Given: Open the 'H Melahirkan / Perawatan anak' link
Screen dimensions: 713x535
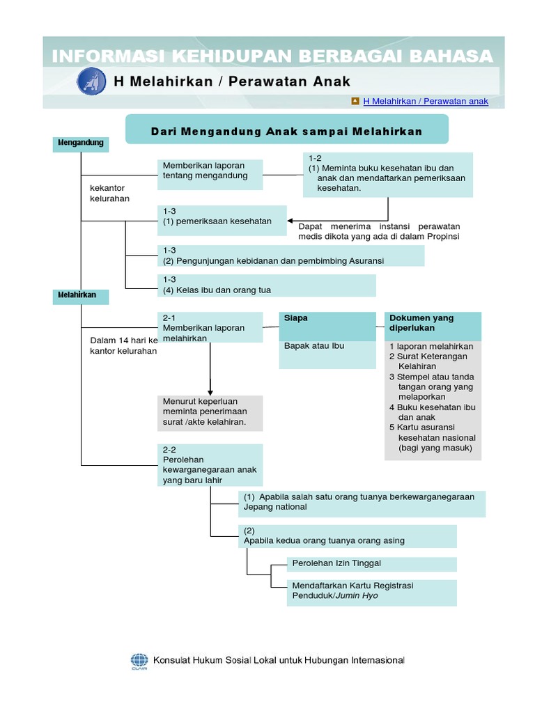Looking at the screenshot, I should pos(426,102).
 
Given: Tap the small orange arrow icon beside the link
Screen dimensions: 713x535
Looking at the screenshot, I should pos(355,101).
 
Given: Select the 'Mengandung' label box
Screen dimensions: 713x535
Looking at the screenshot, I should pos(81,143).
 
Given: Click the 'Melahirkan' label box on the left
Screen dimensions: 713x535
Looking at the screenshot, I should pos(81,296).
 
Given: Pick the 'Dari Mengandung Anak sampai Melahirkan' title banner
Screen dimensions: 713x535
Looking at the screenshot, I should pos(286,131).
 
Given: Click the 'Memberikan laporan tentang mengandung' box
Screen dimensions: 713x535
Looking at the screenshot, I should pos(210,174).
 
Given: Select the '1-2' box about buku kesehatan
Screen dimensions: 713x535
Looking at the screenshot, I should pos(387,175).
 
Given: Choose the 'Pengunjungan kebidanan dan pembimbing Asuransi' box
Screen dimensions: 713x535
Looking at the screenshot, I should pos(291,256).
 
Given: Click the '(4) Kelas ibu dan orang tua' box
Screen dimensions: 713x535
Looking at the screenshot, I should pos(267,285).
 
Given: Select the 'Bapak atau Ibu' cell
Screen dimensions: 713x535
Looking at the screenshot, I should pos(327,354).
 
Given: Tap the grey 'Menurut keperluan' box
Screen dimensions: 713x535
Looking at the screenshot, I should pos(210,413).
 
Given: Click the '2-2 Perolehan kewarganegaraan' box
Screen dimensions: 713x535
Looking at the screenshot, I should pos(210,465).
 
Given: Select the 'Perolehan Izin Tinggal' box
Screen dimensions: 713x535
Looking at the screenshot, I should pos(371,563).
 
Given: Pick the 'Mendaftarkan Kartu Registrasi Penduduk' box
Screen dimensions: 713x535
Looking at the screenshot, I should pos(371,591).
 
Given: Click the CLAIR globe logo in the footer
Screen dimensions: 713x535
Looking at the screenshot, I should pos(139,661).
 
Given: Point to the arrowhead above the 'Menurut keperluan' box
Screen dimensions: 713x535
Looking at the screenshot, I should pos(210,391).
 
